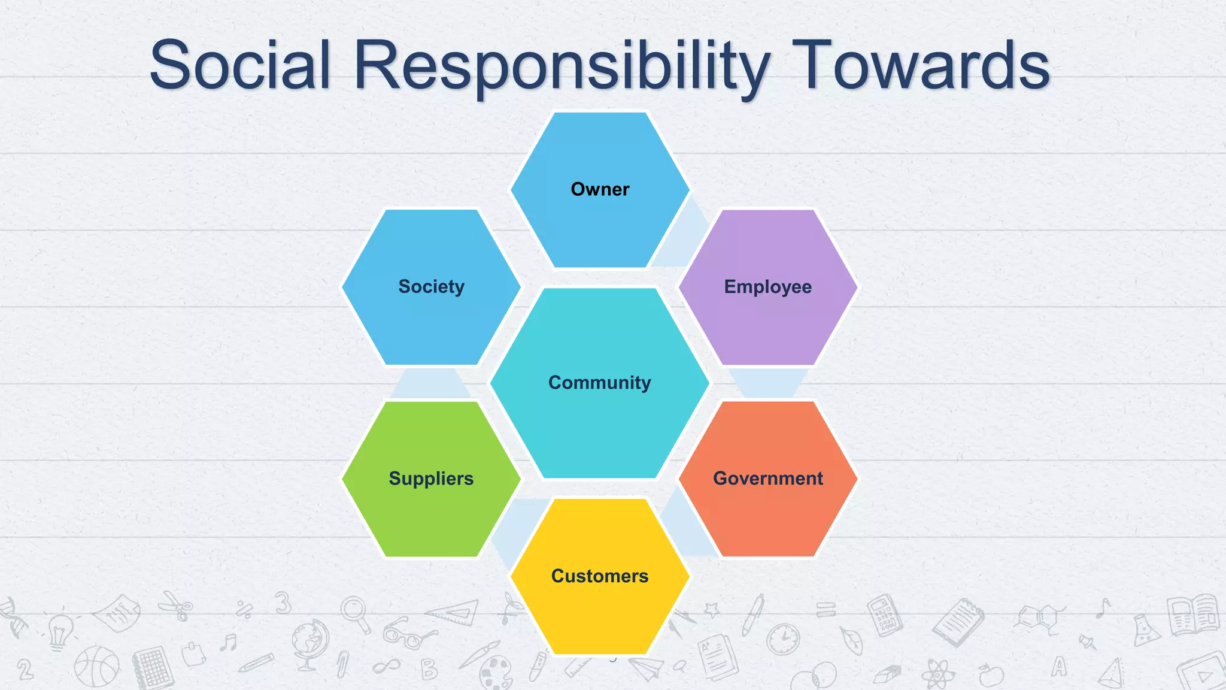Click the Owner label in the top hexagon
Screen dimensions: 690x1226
600,189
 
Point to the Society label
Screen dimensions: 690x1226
431,286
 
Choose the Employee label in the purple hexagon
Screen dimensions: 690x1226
768,287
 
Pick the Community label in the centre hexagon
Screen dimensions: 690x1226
600,382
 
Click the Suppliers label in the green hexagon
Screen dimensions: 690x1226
431,479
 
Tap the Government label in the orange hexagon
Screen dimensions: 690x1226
768,479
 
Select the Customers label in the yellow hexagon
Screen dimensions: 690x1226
600,576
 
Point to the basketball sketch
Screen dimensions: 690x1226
96,666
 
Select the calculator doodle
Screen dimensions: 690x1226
885,614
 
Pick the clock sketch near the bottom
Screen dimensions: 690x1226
783,639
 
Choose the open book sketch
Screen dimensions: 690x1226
1192,614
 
